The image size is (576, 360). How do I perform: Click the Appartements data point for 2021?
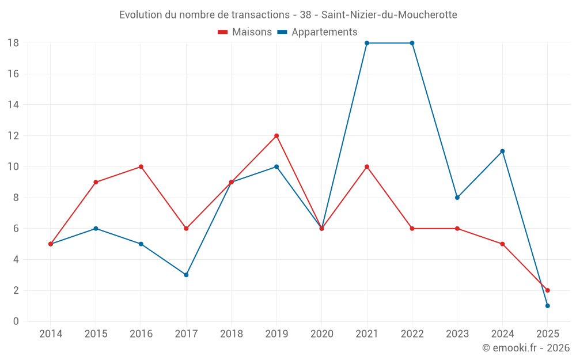click(367, 43)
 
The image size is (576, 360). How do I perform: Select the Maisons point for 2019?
click(276, 136)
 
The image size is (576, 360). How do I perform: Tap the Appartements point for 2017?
click(186, 275)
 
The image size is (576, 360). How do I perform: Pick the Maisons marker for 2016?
click(141, 167)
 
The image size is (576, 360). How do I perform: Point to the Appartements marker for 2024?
click(502, 151)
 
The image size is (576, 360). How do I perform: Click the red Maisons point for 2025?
click(548, 290)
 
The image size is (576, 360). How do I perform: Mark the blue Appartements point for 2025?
click(548, 306)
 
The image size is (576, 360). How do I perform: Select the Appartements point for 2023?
click(457, 198)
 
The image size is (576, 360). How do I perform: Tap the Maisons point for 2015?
click(96, 182)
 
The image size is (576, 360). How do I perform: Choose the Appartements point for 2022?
click(412, 43)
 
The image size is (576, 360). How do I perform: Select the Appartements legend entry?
click(317, 32)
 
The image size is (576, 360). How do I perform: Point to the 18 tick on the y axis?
click(13, 43)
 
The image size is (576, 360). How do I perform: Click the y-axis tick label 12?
click(13, 136)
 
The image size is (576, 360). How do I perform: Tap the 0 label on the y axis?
click(16, 321)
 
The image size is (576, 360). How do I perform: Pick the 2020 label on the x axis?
click(321, 334)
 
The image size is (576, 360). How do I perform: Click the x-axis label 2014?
click(51, 334)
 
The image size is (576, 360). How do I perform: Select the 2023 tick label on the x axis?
click(457, 334)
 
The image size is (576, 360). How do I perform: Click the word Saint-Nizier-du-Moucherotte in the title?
click(389, 15)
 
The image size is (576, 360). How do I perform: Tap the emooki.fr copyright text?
click(526, 348)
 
